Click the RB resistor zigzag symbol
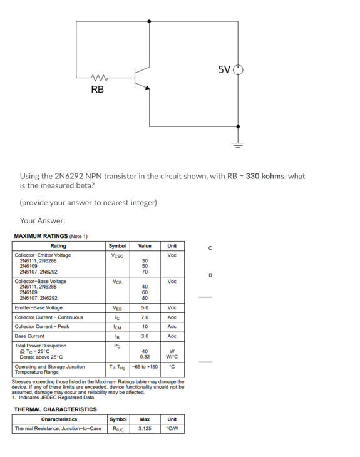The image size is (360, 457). coord(100,78)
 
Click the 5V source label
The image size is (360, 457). coord(224,69)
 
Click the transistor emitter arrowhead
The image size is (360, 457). coord(147,88)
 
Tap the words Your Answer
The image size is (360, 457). coord(43,221)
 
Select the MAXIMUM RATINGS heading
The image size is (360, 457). coord(51,237)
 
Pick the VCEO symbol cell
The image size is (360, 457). coord(116,255)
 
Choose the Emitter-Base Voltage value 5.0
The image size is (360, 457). coord(145,308)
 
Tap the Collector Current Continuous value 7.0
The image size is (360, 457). coord(145,317)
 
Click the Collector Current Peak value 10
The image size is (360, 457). coord(145,327)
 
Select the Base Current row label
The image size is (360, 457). coord(31,336)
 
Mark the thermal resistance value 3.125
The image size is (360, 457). coord(145,429)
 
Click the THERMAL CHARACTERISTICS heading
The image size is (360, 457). coord(55,409)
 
